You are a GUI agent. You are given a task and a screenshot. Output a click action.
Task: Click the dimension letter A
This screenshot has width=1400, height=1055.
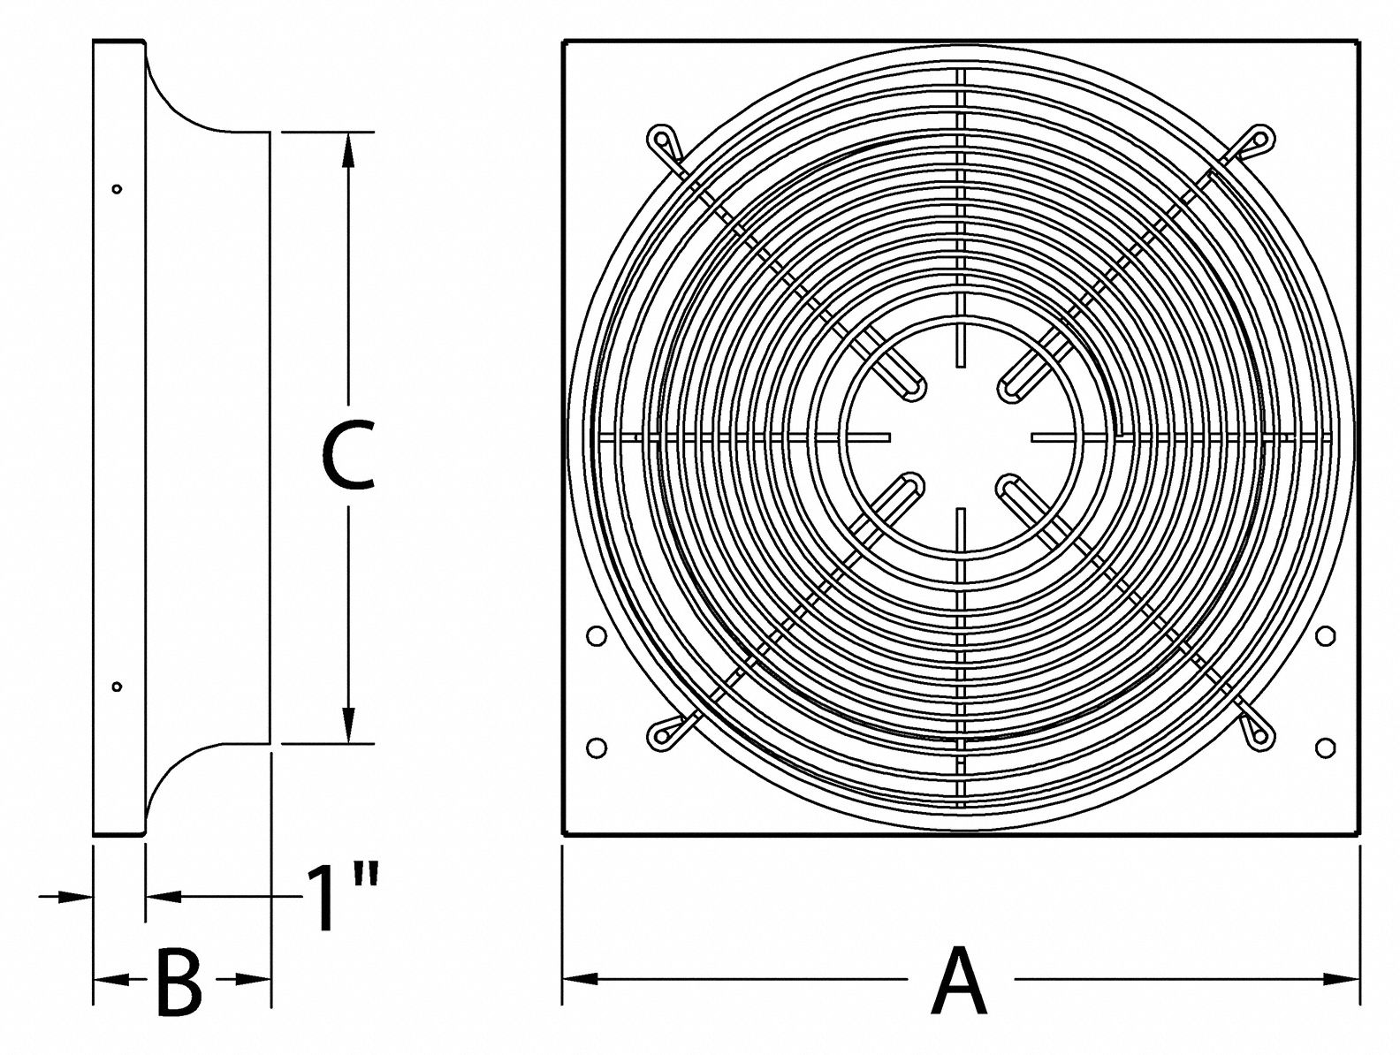click(x=959, y=981)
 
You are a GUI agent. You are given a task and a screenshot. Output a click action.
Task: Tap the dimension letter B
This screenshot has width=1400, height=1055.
click(x=179, y=981)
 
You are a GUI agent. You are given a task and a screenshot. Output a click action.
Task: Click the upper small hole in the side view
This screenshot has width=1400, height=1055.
click(x=117, y=188)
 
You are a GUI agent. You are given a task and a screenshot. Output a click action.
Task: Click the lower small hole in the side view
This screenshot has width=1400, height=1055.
click(x=117, y=687)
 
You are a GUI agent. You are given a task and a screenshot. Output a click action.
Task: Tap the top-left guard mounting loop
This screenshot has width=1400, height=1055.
click(x=661, y=140)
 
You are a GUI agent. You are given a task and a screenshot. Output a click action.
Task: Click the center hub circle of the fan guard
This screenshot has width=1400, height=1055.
click(x=960, y=436)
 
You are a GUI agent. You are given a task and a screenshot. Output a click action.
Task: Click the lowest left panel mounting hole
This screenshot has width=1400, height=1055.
click(x=596, y=748)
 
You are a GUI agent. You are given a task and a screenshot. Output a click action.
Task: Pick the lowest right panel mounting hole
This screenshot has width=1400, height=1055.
click(x=1324, y=748)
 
